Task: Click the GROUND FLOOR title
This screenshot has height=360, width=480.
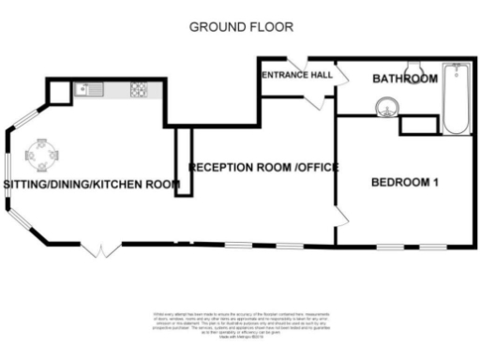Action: (x=242, y=26)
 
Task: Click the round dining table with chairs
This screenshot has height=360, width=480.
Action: (x=42, y=154)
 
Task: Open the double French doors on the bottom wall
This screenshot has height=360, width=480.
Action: (x=99, y=249)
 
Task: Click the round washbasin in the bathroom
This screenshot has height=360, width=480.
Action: (x=385, y=109)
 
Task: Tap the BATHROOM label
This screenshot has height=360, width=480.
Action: (x=405, y=80)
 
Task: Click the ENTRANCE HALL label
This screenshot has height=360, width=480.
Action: (x=297, y=75)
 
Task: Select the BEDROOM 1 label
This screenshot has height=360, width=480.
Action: (x=405, y=182)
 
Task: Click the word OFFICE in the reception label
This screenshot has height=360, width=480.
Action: (x=319, y=167)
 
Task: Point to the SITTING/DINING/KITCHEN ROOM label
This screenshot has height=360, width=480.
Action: (x=91, y=185)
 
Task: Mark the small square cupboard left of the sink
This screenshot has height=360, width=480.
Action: (x=59, y=91)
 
